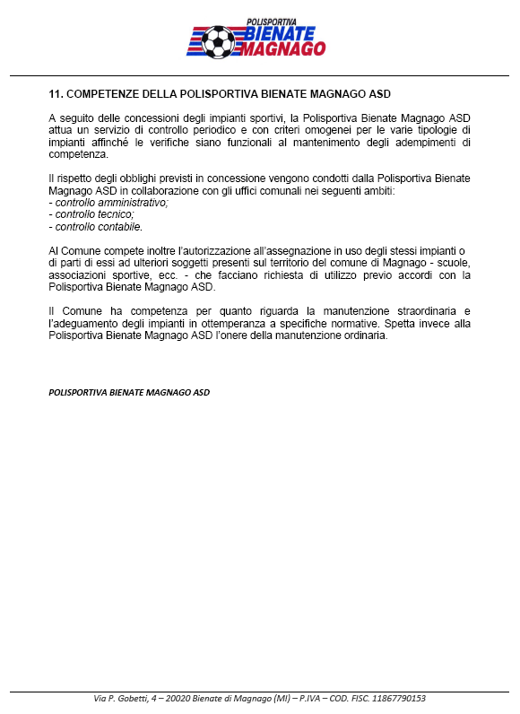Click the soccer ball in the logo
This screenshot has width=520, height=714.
218,40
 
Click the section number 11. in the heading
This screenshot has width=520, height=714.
56,94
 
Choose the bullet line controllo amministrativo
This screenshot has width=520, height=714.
108,203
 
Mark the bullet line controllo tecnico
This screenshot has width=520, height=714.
91,214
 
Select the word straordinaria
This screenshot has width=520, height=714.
416,310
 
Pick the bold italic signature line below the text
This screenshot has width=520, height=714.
128,392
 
